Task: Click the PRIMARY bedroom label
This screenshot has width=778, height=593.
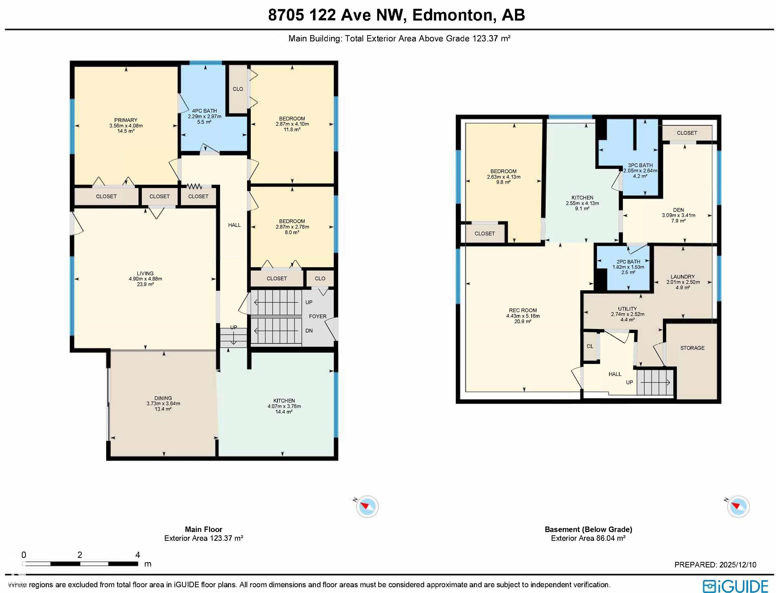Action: pyautogui.click(x=126, y=120)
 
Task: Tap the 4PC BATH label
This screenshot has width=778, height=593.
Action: pyautogui.click(x=204, y=111)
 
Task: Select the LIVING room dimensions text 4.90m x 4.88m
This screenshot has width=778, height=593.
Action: pyautogui.click(x=145, y=279)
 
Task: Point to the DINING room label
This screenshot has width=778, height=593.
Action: pyautogui.click(x=163, y=398)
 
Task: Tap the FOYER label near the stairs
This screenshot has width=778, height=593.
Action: pyautogui.click(x=318, y=316)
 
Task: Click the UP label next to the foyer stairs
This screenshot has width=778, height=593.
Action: pyautogui.click(x=309, y=302)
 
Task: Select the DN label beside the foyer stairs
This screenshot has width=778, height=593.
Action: pyautogui.click(x=309, y=331)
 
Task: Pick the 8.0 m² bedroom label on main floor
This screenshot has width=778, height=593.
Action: pyautogui.click(x=292, y=233)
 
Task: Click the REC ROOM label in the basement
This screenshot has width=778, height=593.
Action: pyautogui.click(x=523, y=311)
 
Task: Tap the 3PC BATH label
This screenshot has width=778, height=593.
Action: pyautogui.click(x=640, y=165)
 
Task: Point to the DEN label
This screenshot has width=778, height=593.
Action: pyautogui.click(x=678, y=210)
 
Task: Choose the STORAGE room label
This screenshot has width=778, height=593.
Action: pyautogui.click(x=692, y=348)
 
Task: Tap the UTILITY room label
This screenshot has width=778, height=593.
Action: pyautogui.click(x=627, y=309)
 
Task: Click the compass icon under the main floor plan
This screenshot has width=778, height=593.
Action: pyautogui.click(x=367, y=507)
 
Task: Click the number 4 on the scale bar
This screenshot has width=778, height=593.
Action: pyautogui.click(x=138, y=555)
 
